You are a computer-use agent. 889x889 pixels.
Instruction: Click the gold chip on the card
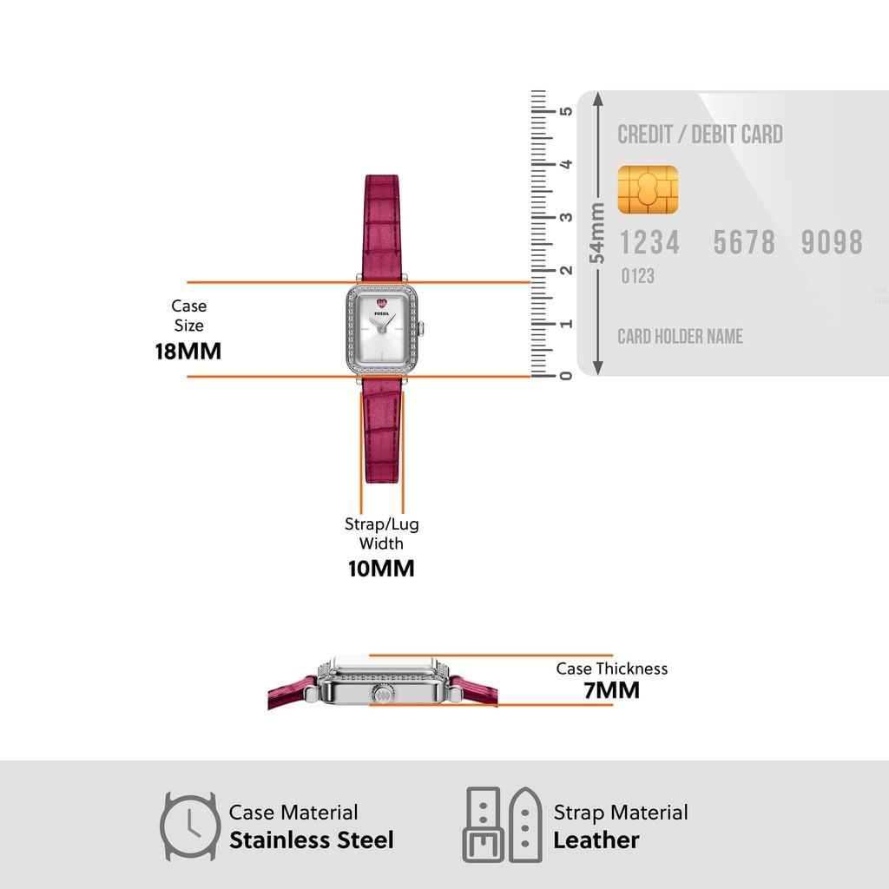(648, 189)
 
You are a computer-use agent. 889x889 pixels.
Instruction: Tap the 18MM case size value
(188, 352)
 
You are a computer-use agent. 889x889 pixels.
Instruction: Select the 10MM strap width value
(381, 569)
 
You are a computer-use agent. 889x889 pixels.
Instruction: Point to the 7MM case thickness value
(612, 690)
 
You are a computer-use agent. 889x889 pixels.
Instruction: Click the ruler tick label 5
(566, 110)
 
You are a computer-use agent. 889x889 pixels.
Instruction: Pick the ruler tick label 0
(566, 376)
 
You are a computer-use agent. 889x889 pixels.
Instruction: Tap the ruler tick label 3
(566, 217)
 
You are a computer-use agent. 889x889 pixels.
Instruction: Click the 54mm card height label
(597, 233)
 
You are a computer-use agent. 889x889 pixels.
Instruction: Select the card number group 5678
(744, 243)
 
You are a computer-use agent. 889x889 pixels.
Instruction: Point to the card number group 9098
(832, 243)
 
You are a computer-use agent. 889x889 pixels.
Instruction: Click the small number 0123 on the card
(638, 276)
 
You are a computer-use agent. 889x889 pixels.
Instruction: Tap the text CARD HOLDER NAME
(680, 337)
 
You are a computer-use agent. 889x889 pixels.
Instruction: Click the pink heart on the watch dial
(382, 304)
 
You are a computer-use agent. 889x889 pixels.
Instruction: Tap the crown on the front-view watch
(421, 329)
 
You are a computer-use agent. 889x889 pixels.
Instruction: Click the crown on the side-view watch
(382, 693)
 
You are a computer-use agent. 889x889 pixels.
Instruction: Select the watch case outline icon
(190, 826)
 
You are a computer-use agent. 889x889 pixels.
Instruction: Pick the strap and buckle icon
(503, 825)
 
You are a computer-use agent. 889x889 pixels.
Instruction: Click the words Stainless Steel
(312, 840)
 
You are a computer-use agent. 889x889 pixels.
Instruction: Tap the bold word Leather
(596, 840)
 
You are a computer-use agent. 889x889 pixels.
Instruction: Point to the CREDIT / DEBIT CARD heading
(701, 135)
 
